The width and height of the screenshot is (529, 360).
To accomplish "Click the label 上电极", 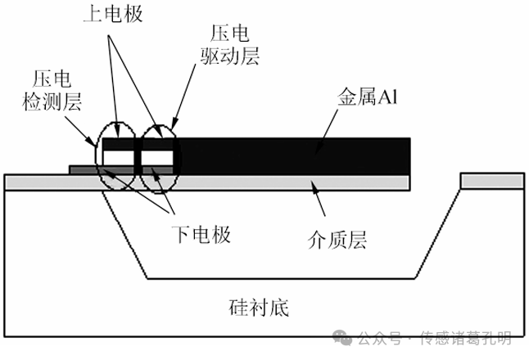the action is pyautogui.click(x=113, y=14).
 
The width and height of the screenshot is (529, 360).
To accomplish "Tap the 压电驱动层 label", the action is pyautogui.click(x=230, y=44).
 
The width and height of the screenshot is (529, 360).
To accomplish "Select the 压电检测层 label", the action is pyautogui.click(x=52, y=90).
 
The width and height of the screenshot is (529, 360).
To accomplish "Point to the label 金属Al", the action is pyautogui.click(x=368, y=97).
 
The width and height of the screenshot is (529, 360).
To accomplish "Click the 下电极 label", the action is pyautogui.click(x=201, y=234).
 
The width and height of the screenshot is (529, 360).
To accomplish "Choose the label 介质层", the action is pyautogui.click(x=337, y=240).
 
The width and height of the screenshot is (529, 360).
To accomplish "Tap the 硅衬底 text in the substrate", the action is pyautogui.click(x=259, y=308).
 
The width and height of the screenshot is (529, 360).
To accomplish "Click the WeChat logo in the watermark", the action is pyautogui.click(x=342, y=338).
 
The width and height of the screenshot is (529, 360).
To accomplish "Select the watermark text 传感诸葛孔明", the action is pyautogui.click(x=466, y=338).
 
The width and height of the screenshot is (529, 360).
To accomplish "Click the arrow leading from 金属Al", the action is pyautogui.click(x=327, y=132).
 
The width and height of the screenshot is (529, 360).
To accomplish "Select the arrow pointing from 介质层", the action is pyautogui.click(x=319, y=198).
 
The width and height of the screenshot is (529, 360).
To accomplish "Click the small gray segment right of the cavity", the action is pyautogui.click(x=492, y=182).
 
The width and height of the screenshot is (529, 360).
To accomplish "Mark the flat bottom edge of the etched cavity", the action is pyautogui.click(x=281, y=278).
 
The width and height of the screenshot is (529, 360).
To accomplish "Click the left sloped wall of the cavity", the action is pyautogui.click(x=124, y=234).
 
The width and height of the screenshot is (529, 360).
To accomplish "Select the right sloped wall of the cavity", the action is pyautogui.click(x=437, y=234).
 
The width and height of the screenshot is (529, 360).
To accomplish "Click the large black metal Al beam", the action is pyautogui.click(x=292, y=155).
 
